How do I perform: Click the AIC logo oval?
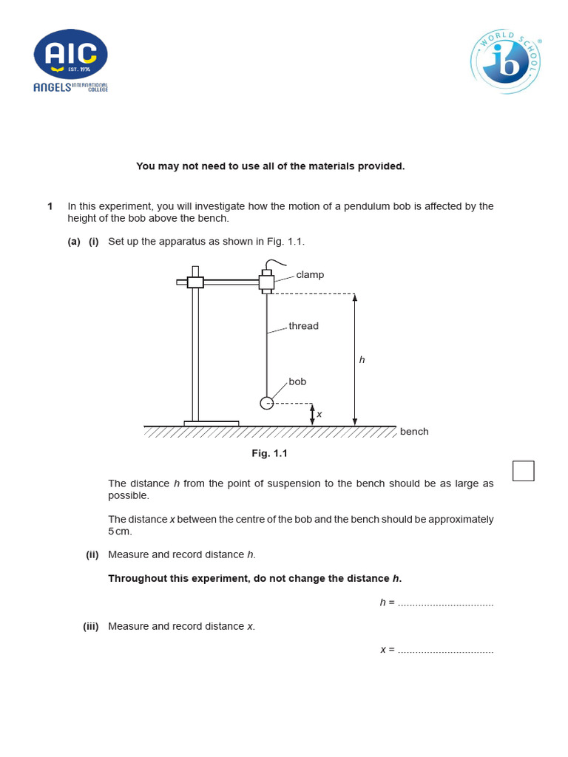tap(70, 54)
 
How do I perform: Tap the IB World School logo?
tap(506, 61)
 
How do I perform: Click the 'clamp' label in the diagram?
tap(310, 275)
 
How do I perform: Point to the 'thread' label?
tap(303, 326)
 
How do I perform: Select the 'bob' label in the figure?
tap(297, 382)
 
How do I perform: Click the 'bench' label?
tap(414, 432)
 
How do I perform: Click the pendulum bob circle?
tap(267, 403)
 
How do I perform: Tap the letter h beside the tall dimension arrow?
tap(362, 360)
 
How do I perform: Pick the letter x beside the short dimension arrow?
tap(319, 415)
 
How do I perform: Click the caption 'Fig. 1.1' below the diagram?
tap(270, 453)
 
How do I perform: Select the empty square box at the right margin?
tap(523, 471)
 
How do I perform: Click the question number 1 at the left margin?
tap(50, 206)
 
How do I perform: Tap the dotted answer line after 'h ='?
tap(445, 603)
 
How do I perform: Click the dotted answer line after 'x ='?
tap(445, 651)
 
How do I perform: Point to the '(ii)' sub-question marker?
tap(92, 554)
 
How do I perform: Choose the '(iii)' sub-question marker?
tap(91, 626)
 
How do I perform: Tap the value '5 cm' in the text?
tap(120, 532)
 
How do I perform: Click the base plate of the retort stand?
tap(212, 424)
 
